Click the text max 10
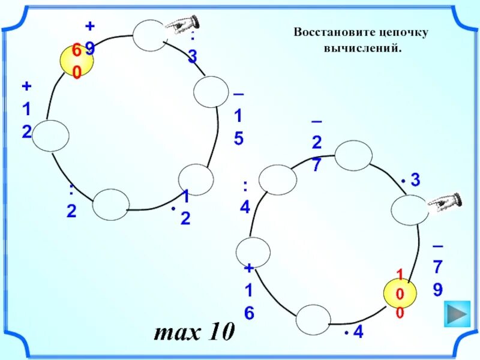(194, 331)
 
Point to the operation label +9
(90, 37)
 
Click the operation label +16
(249, 290)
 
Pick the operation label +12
(26, 109)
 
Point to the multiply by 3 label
(411, 179)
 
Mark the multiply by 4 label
(354, 331)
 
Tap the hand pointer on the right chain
(445, 202)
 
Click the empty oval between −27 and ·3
(353, 156)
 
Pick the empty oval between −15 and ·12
(196, 178)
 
